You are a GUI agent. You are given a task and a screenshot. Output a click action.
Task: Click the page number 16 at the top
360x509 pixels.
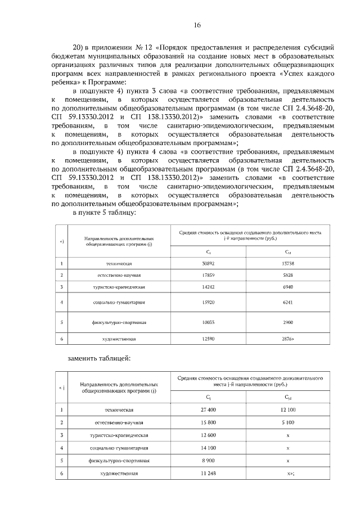(197, 25)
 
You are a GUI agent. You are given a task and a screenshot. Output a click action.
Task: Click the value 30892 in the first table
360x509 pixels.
(208, 263)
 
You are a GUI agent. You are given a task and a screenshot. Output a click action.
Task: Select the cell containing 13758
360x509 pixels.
(287, 263)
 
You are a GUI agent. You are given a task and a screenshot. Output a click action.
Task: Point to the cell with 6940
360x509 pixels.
(287, 287)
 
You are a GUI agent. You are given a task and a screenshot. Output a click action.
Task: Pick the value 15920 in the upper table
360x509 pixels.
(208, 303)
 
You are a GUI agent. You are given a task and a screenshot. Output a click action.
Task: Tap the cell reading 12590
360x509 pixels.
(208, 339)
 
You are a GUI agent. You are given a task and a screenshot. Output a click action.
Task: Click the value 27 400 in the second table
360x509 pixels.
(208, 410)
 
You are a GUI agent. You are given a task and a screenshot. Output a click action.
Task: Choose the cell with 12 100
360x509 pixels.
(287, 410)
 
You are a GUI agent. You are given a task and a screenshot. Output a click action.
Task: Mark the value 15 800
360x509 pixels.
(208, 422)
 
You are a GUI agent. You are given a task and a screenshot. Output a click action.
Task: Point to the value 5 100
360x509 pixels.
(287, 422)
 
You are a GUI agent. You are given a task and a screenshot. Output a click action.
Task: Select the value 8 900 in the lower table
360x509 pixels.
(208, 460)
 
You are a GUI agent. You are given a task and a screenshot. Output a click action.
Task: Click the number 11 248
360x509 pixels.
(208, 473)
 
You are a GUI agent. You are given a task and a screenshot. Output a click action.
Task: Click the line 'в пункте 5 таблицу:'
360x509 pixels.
(104, 213)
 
